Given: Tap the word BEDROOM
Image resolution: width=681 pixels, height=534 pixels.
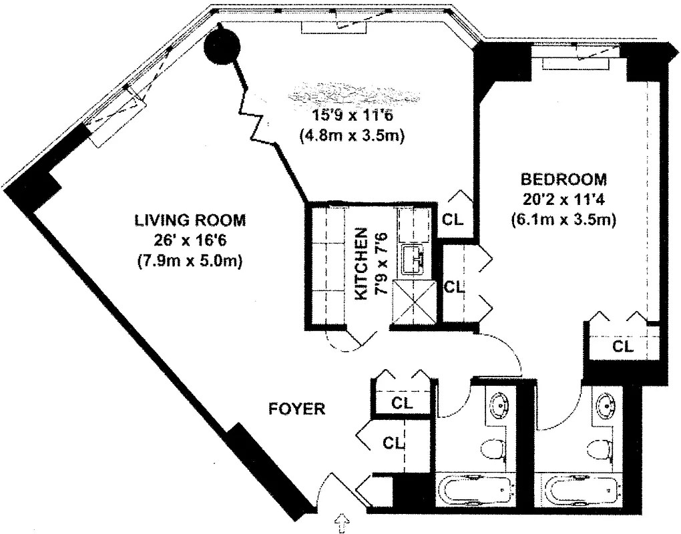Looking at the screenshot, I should (563, 180).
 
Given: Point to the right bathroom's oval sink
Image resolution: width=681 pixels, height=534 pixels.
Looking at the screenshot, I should (608, 405).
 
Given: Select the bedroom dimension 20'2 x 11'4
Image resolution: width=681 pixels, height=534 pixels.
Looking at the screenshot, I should (563, 199).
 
